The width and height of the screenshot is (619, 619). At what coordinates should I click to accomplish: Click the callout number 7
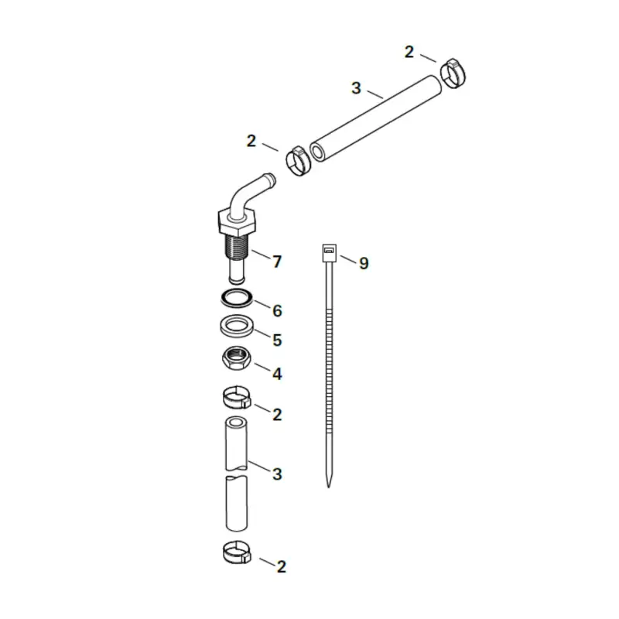click(x=276, y=261)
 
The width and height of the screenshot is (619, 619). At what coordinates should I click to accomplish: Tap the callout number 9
click(x=364, y=264)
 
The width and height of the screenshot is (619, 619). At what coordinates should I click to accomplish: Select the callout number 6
click(x=276, y=310)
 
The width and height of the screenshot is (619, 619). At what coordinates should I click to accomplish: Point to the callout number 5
click(x=276, y=340)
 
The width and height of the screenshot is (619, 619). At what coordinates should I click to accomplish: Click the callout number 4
click(x=276, y=374)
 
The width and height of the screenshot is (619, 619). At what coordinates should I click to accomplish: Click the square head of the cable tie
click(x=328, y=251)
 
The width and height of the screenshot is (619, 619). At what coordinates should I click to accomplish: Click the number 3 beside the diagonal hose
click(x=356, y=88)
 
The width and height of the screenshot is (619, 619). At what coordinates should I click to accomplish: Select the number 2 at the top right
click(x=409, y=52)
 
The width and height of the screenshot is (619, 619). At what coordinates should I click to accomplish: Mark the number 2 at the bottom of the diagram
click(x=281, y=567)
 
